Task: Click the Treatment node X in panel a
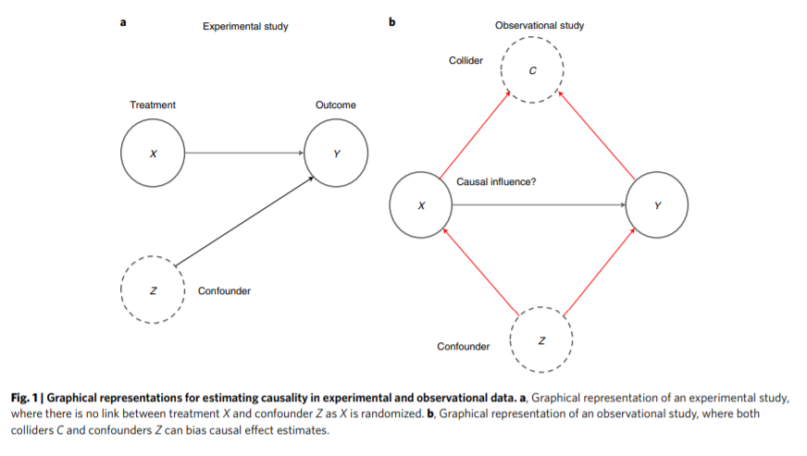(x=153, y=153)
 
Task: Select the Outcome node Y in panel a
(x=336, y=153)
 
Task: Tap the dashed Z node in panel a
(x=154, y=290)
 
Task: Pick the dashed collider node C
(x=532, y=71)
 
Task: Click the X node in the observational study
(x=421, y=205)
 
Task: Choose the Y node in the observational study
(x=657, y=205)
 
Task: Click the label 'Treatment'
(x=153, y=105)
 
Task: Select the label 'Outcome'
(x=335, y=105)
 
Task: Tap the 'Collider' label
(x=466, y=60)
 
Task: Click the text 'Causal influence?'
(x=496, y=182)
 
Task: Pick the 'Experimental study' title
(x=245, y=27)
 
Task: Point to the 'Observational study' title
(x=540, y=26)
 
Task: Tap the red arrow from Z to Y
(x=600, y=271)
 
